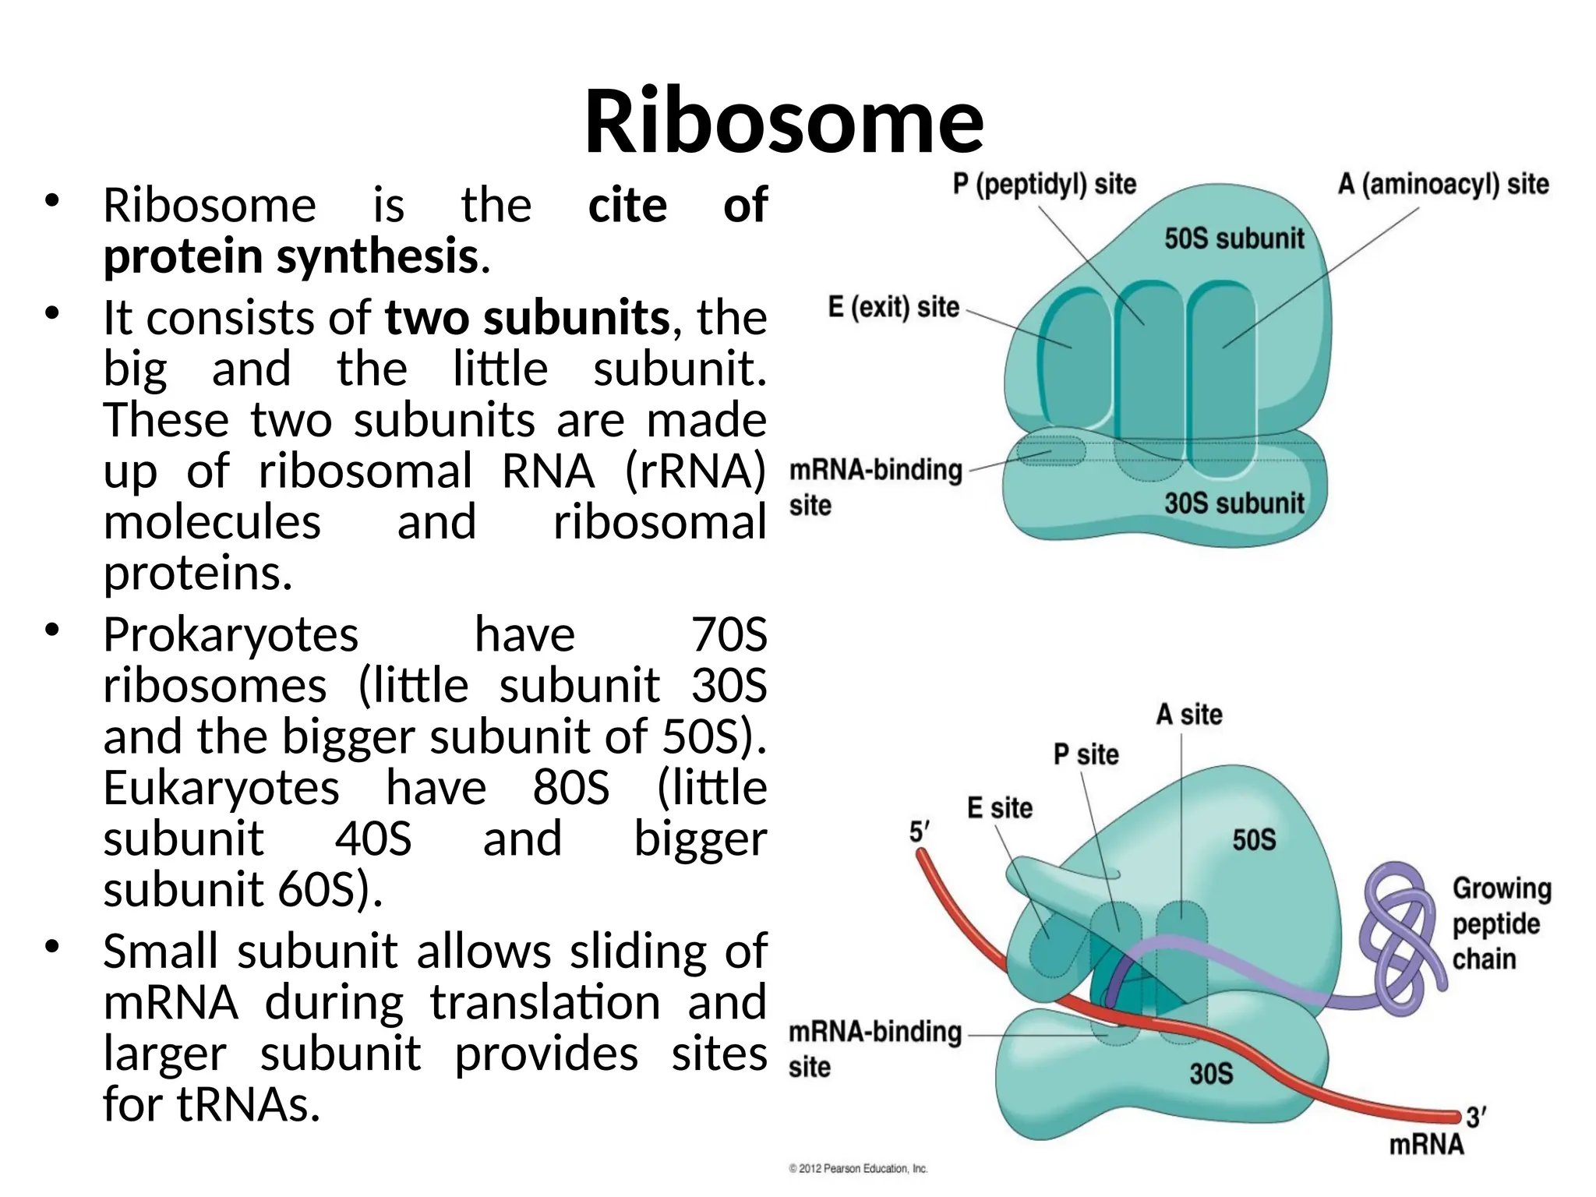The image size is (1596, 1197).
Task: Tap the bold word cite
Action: [627, 206]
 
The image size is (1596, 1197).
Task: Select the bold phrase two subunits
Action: [527, 318]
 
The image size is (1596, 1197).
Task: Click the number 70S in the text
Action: [729, 634]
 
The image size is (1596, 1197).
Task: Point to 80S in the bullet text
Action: [571, 788]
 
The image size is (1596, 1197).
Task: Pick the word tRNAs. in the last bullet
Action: [249, 1105]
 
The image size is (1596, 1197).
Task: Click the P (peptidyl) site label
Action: [1044, 185]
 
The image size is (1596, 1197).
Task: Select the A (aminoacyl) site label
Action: [1443, 185]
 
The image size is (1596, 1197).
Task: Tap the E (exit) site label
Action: [893, 307]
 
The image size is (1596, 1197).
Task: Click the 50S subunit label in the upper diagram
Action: [1234, 238]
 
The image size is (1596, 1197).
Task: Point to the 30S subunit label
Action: [1234, 503]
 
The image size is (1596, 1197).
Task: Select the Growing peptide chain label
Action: [1501, 924]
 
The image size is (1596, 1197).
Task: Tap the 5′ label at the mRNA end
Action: [920, 832]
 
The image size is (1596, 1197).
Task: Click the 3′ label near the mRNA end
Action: [1476, 1118]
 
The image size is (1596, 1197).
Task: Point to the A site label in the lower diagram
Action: [1188, 715]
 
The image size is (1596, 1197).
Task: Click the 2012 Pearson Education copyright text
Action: [858, 1169]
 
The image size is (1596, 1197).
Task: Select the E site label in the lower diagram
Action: [999, 808]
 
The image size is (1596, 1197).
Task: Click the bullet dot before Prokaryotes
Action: [52, 630]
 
